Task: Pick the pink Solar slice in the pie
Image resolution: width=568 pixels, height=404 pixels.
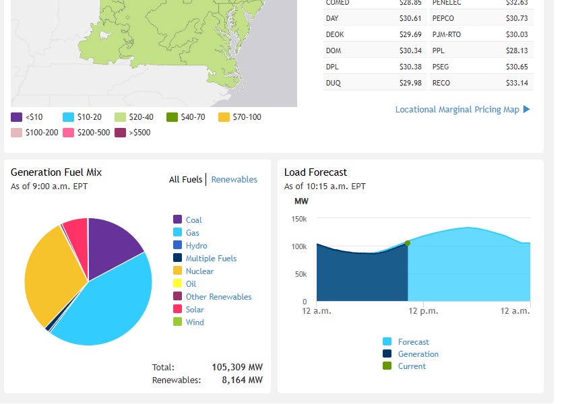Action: (75, 232)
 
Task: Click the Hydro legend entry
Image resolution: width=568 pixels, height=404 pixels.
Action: (196, 246)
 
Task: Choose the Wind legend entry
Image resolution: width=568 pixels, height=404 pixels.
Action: (194, 323)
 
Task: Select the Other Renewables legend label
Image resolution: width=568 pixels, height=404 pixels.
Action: (218, 297)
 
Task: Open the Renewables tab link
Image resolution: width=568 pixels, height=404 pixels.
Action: (234, 180)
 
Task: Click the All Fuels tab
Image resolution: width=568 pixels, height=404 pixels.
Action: (185, 180)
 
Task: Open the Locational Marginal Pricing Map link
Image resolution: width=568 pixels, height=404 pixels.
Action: (457, 109)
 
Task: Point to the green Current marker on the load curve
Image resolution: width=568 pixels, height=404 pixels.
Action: (408, 243)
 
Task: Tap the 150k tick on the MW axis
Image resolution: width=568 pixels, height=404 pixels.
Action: (299, 219)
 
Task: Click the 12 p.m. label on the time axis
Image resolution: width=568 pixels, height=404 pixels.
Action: (424, 311)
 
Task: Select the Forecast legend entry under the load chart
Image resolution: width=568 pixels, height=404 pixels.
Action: (413, 342)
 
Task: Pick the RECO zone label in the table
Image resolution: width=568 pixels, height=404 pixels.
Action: (442, 83)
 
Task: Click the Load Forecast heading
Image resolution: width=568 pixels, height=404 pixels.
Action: (315, 172)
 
